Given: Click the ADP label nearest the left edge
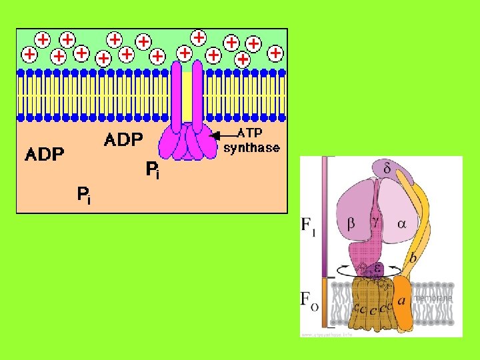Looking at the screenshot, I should (x=45, y=155).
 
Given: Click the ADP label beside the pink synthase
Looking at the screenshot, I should (x=123, y=140).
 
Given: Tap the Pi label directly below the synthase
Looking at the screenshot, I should (x=153, y=171).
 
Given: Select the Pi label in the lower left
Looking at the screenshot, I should (x=83, y=195).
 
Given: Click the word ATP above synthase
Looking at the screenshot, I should (x=251, y=134).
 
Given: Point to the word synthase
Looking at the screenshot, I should (x=251, y=147).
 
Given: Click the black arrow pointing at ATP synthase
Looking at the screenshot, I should (x=224, y=136).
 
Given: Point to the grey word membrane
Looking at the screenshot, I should (x=433, y=298).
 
